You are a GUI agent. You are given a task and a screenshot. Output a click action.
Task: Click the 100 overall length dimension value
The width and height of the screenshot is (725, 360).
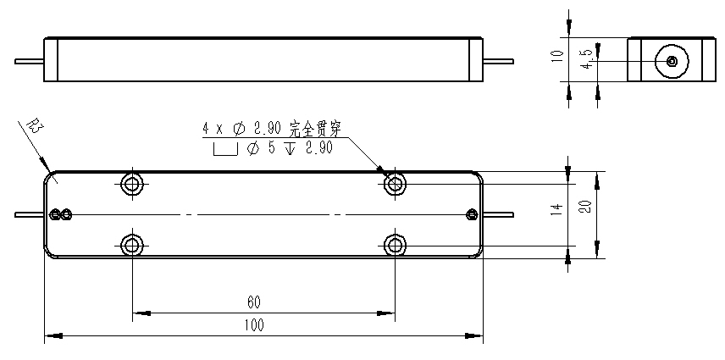pos(254,325)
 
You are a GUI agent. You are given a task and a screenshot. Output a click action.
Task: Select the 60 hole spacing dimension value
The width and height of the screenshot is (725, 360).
pos(254,302)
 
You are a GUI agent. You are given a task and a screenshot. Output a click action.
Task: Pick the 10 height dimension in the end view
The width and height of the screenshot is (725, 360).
pos(556,58)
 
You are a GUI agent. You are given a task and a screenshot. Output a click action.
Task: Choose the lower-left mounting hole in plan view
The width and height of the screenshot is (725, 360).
pos(131,246)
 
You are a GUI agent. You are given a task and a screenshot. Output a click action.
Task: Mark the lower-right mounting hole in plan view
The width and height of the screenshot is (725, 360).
pos(395,246)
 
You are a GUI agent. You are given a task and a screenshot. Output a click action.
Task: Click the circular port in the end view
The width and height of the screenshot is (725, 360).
pos(671,60)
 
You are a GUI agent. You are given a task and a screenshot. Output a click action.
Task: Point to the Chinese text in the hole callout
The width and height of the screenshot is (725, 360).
pos(315,129)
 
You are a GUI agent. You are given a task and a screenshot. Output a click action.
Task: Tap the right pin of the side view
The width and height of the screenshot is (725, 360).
pos(500,60)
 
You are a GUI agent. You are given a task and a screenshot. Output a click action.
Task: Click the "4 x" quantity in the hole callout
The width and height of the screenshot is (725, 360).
pos(212,129)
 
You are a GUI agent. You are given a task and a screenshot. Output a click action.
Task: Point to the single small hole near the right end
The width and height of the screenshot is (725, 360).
pos(472,213)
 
